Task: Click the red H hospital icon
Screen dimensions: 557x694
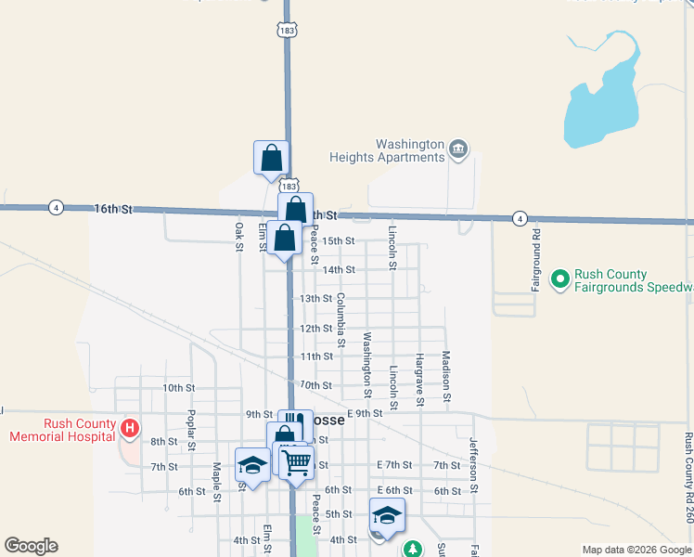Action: pyautogui.click(x=131, y=428)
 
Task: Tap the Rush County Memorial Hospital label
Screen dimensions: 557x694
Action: pyautogui.click(x=63, y=430)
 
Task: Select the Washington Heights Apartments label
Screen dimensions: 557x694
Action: pyautogui.click(x=410, y=150)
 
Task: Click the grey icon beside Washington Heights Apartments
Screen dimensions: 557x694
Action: pyautogui.click(x=458, y=149)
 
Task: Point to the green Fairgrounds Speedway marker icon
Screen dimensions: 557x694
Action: pyautogui.click(x=559, y=278)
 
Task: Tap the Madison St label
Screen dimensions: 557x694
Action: pyautogui.click(x=446, y=375)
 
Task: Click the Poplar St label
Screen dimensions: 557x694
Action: pyautogui.click(x=191, y=430)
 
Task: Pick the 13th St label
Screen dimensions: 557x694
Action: pyautogui.click(x=315, y=299)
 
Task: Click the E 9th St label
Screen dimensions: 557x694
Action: pyautogui.click(x=365, y=413)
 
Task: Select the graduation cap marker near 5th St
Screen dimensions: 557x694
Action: pyautogui.click(x=387, y=516)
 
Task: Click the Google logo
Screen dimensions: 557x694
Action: pyautogui.click(x=31, y=546)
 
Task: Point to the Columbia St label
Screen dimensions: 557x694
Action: pyautogui.click(x=341, y=320)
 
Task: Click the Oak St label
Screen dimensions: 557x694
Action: pyautogui.click(x=239, y=236)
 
